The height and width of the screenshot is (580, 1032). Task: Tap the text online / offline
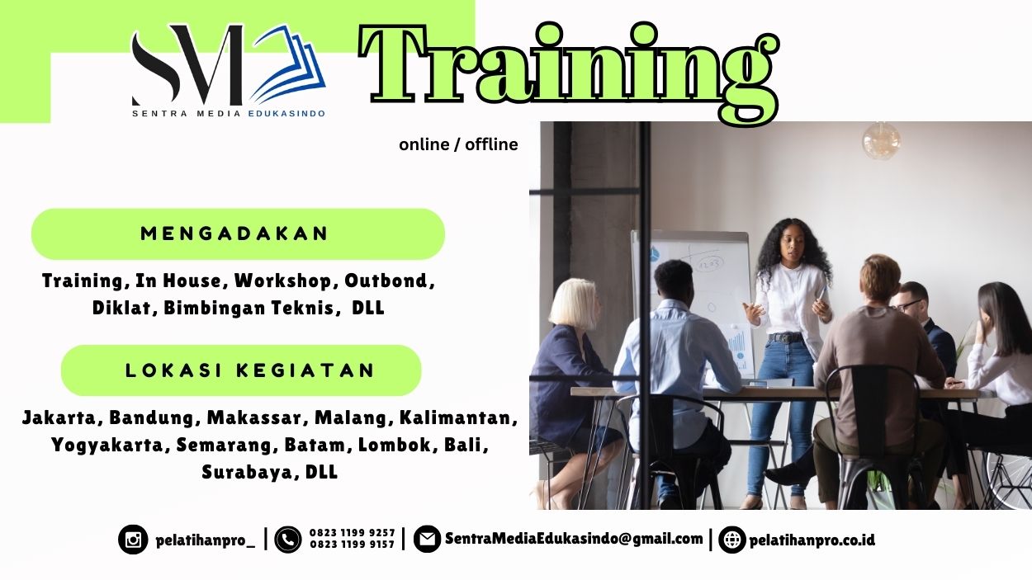[x=458, y=145]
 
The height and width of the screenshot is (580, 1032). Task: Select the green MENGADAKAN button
[x=238, y=233]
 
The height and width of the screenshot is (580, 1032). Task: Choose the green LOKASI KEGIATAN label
[x=241, y=370]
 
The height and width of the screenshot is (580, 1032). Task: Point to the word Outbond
[x=387, y=281]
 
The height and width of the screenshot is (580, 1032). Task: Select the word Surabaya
[x=247, y=473]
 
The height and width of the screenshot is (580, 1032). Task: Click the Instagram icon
[x=133, y=540]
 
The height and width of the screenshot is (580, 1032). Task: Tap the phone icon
[x=288, y=540]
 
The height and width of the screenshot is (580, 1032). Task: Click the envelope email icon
[x=427, y=540]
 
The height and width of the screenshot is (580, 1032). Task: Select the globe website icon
[x=731, y=540]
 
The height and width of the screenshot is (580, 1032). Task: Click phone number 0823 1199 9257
[x=353, y=533]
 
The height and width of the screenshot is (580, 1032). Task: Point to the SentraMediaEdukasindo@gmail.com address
[x=574, y=539]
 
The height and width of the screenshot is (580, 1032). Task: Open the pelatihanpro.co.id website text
[x=812, y=540]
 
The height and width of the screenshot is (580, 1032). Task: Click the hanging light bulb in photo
[x=881, y=140]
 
